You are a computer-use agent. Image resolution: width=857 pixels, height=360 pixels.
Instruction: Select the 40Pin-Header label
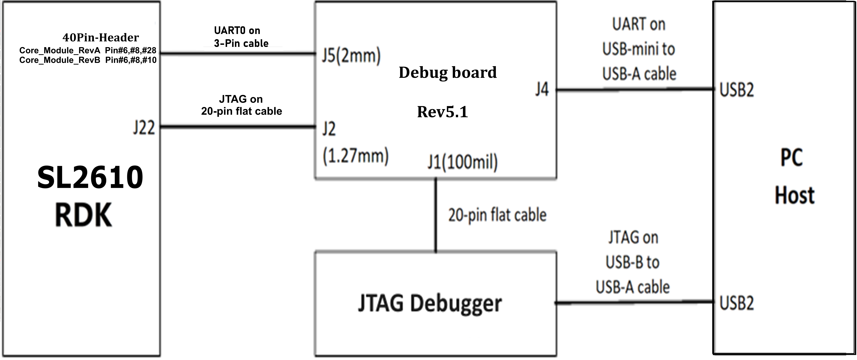click(100, 38)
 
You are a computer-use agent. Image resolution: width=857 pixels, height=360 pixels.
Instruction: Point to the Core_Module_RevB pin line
click(87, 60)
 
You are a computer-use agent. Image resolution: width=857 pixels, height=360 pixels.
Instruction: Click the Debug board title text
click(447, 73)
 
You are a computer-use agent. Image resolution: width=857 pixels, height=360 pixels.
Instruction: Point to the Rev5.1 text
click(443, 112)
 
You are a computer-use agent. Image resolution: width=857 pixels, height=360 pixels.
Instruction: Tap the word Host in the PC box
click(794, 196)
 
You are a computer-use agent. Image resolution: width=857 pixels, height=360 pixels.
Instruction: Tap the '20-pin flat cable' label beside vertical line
click(497, 215)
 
